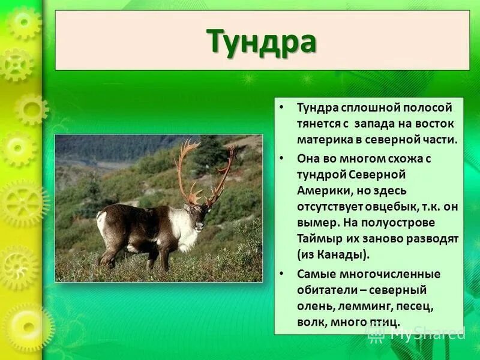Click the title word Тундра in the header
coord(262,41)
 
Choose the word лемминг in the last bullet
coord(359,306)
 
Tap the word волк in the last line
coord(310,322)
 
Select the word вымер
coord(315,222)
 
